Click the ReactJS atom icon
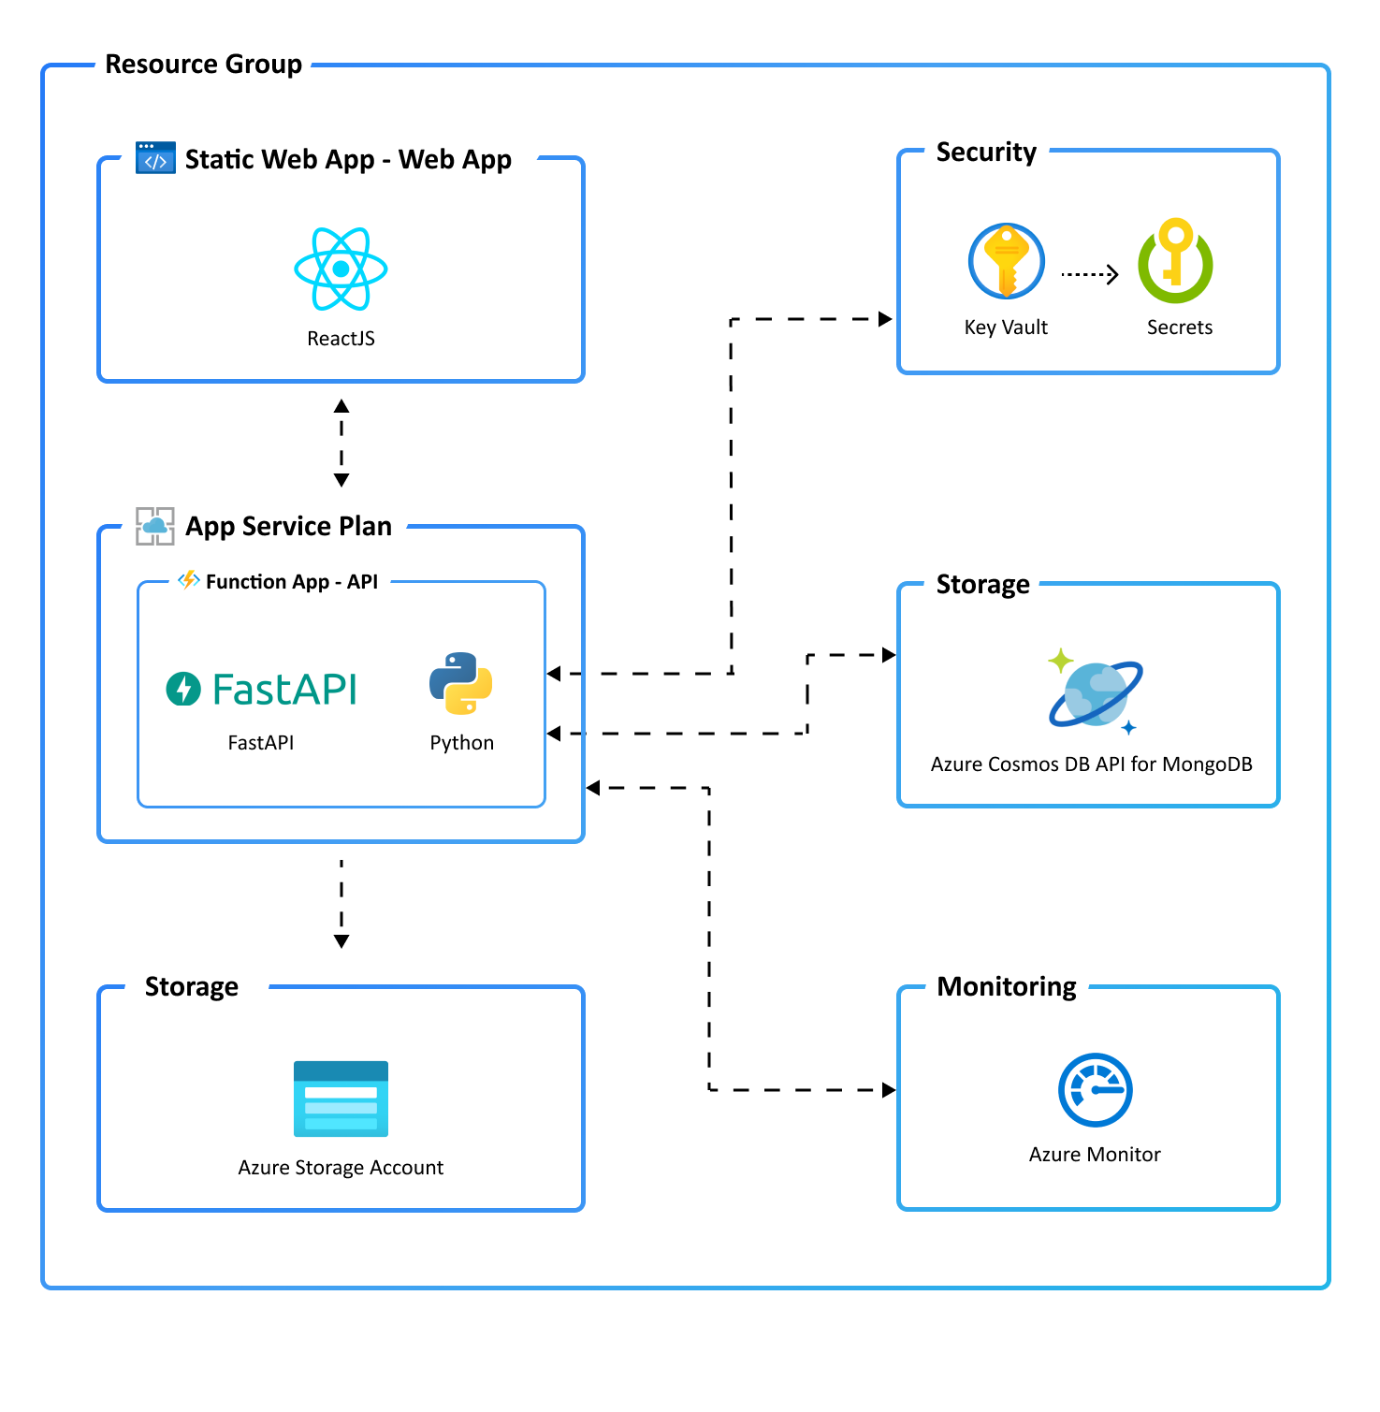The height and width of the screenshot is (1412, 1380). click(341, 269)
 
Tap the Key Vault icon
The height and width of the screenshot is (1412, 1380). click(1006, 261)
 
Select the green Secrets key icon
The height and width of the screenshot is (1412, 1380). click(1175, 262)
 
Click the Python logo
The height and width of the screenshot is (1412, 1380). click(461, 684)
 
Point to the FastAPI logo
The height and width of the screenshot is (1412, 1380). click(262, 690)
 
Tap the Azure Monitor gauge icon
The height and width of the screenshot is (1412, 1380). click(1095, 1090)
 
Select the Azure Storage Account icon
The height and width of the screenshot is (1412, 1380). click(341, 1099)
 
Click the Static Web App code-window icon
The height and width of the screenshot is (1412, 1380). click(155, 158)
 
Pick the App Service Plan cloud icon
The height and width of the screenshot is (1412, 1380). click(155, 526)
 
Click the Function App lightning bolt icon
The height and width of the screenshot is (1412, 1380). click(189, 580)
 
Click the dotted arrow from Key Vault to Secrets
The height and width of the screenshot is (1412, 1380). click(1090, 274)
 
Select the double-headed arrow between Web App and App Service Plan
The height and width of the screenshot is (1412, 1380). click(341, 443)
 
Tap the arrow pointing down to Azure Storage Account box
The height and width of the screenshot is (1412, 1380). click(341, 904)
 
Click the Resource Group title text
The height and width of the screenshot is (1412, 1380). click(203, 65)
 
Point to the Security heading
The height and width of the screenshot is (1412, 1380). click(986, 152)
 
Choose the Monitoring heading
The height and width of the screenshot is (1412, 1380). click(1007, 986)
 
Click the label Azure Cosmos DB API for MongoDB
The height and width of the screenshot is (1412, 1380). click(1091, 764)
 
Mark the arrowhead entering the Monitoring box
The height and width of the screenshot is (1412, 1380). click(889, 1090)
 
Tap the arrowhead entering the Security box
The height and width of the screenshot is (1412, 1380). click(885, 319)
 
